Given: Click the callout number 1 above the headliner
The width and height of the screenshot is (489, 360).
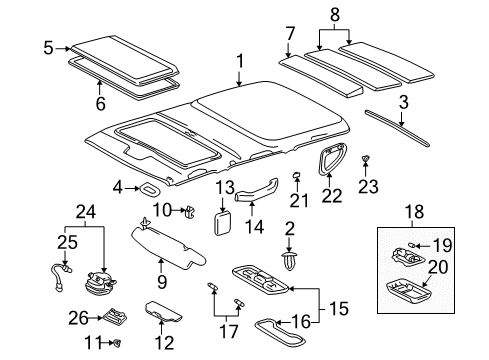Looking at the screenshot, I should pos(240,64).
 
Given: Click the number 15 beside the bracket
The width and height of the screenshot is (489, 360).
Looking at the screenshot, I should pos(340,307).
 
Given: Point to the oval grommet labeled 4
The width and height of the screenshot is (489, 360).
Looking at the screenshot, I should pos(149,188).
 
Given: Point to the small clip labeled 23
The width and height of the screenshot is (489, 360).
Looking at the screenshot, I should pos(365,160).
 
